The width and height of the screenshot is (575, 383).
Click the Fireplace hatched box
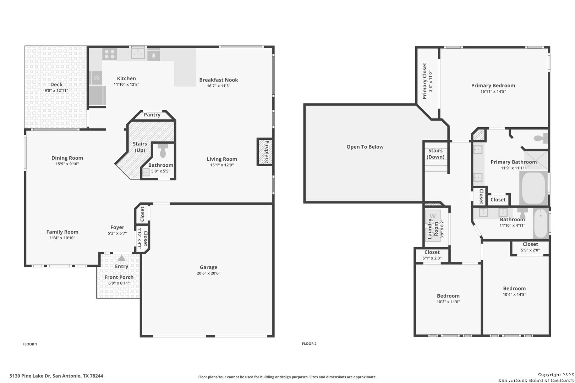265,152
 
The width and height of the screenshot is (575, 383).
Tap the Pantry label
152,115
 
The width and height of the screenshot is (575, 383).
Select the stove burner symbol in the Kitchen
110,54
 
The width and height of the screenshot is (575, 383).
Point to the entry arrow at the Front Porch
121,258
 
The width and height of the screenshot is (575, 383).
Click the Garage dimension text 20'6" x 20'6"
208,273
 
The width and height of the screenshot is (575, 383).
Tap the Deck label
56,84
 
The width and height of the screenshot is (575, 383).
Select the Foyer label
117,227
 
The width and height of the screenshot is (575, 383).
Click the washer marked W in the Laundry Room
433,216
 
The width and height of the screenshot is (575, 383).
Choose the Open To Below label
365,147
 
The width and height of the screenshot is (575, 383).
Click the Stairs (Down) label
436,154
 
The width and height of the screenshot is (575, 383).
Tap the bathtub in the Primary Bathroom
533,188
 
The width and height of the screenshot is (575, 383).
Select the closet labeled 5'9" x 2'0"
530,248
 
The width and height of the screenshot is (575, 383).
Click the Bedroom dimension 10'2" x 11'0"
448,302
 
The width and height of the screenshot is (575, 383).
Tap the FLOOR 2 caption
309,344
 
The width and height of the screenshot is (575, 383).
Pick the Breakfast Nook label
219,80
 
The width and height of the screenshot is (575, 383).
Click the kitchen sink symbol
138,53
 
